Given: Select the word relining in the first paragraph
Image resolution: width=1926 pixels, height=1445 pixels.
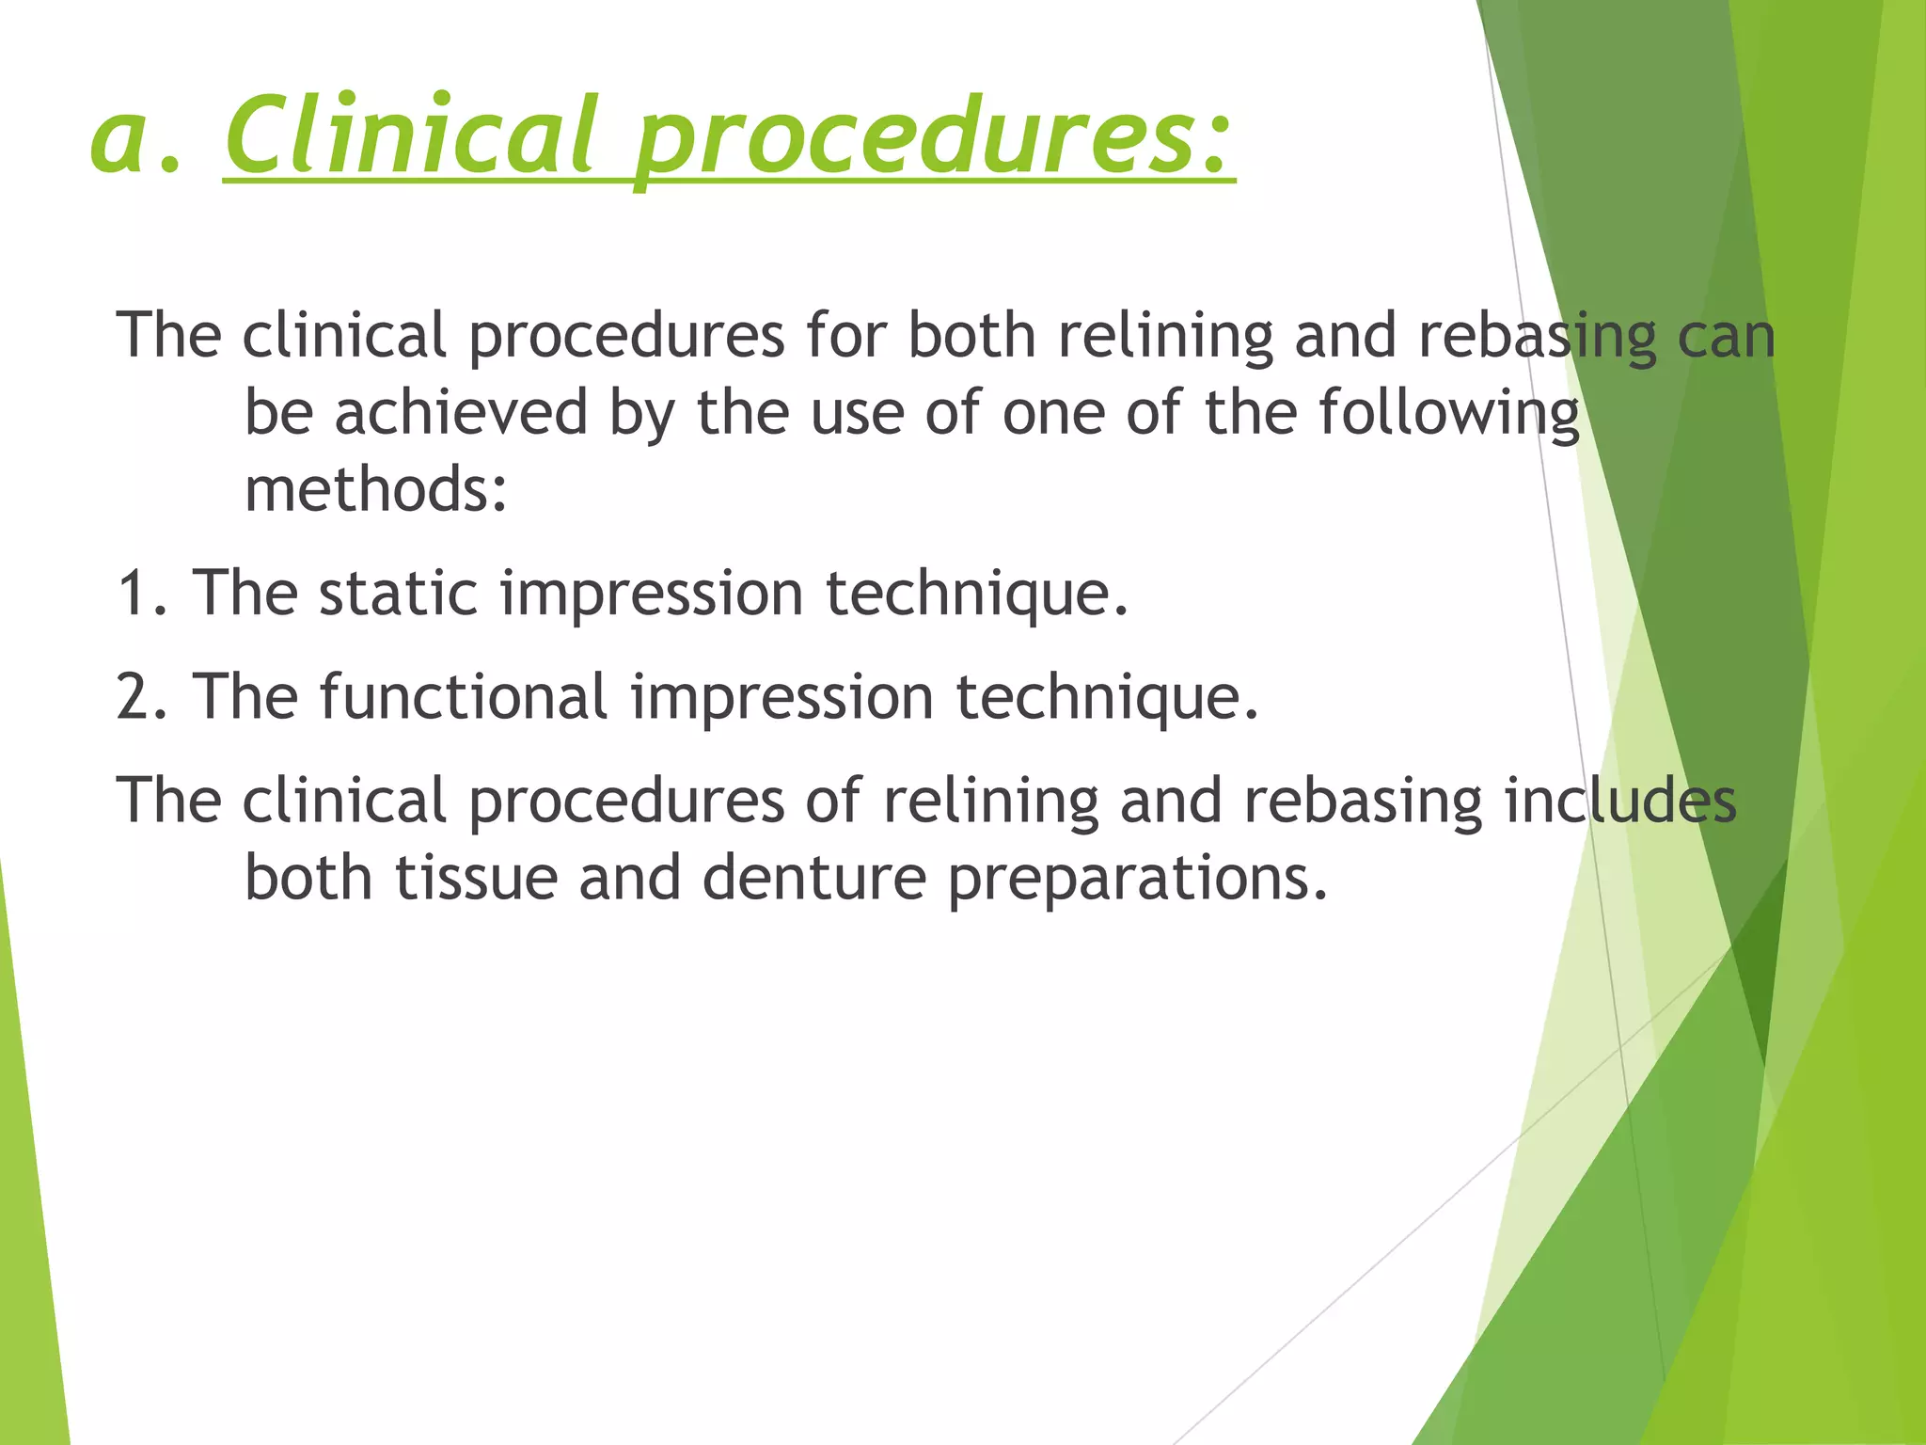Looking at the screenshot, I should pos(1165,337).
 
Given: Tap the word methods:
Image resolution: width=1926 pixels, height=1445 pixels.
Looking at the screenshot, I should pos(376,490).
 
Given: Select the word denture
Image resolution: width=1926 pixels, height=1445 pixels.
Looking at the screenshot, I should pos(814,878).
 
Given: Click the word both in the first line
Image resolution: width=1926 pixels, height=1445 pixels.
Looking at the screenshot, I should pos(971,337).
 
